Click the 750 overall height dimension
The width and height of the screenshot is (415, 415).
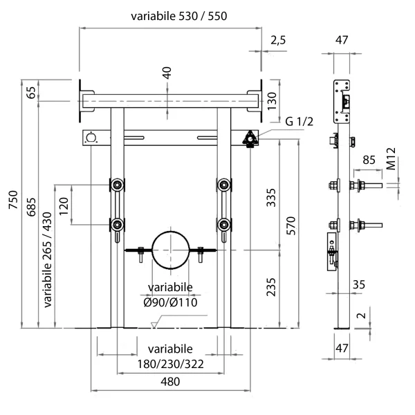click(13, 200)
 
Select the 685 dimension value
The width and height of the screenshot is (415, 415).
click(31, 207)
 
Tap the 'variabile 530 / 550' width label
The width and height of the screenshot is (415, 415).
click(179, 16)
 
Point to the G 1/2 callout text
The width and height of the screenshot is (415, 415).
click(299, 122)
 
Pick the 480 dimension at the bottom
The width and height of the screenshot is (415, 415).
click(170, 382)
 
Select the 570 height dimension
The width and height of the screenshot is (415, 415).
click(291, 225)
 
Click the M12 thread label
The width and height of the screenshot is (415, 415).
click(391, 158)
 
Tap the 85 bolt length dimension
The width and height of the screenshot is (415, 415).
click(369, 160)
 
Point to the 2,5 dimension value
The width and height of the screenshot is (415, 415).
click(278, 41)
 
